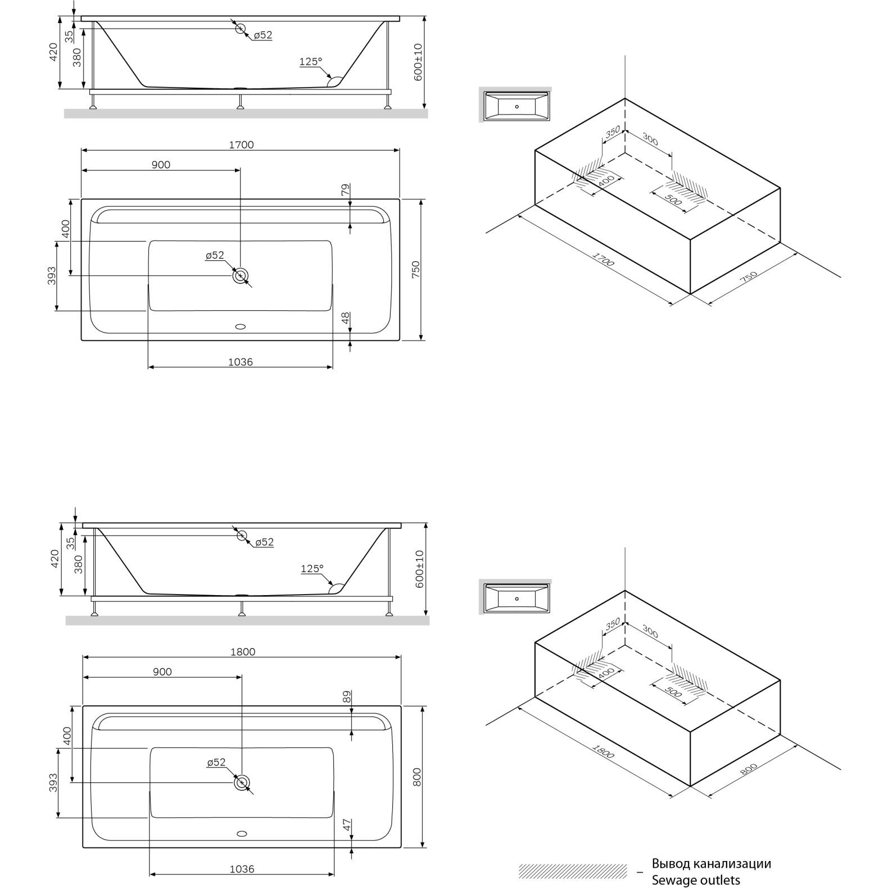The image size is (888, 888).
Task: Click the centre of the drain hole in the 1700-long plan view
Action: point(241,275)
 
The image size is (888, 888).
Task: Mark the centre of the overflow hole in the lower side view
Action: point(242,536)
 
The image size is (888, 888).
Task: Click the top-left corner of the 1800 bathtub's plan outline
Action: point(83,706)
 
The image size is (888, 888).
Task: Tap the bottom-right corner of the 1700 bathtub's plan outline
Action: point(400,340)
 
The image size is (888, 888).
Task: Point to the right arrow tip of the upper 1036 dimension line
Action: point(333,368)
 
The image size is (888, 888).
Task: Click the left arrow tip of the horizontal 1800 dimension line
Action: point(83,657)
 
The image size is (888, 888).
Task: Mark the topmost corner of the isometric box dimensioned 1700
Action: point(625,98)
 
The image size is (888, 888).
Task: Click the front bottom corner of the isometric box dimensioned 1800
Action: point(690,786)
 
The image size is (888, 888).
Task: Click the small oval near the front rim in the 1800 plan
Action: point(242,833)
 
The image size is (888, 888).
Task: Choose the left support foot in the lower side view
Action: point(95,609)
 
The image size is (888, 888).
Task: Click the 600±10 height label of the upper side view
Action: point(418,62)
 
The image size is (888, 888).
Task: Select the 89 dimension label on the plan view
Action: point(347,697)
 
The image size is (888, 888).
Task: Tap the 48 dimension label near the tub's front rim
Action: point(346,318)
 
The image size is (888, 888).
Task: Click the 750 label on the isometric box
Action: point(749,278)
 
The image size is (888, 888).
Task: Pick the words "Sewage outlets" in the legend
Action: point(696,880)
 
